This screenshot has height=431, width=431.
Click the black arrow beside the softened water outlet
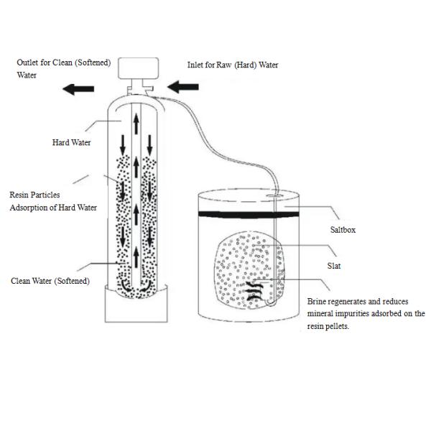78,89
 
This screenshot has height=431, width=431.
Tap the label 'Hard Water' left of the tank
72,143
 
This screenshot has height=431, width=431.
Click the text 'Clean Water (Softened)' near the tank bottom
50,280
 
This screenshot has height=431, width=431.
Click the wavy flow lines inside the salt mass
254,289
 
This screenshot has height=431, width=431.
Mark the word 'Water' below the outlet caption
27,75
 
